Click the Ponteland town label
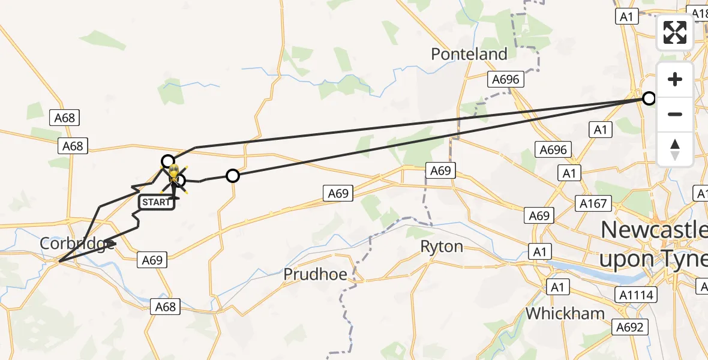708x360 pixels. point(469,54)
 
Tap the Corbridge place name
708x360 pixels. point(77,244)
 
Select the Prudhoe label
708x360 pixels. point(315,275)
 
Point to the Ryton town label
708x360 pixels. point(442,247)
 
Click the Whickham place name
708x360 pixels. point(565,313)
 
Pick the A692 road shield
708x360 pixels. point(631,327)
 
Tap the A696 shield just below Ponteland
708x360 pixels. point(506,79)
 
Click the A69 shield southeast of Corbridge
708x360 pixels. point(152,260)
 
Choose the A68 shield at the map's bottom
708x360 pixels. point(165,307)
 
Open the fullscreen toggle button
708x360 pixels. point(675,32)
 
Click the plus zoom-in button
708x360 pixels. point(675,79)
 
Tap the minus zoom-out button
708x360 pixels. point(675,114)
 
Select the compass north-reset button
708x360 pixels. point(675,149)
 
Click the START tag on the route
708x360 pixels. point(157,202)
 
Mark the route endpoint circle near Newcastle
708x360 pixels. point(649,98)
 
